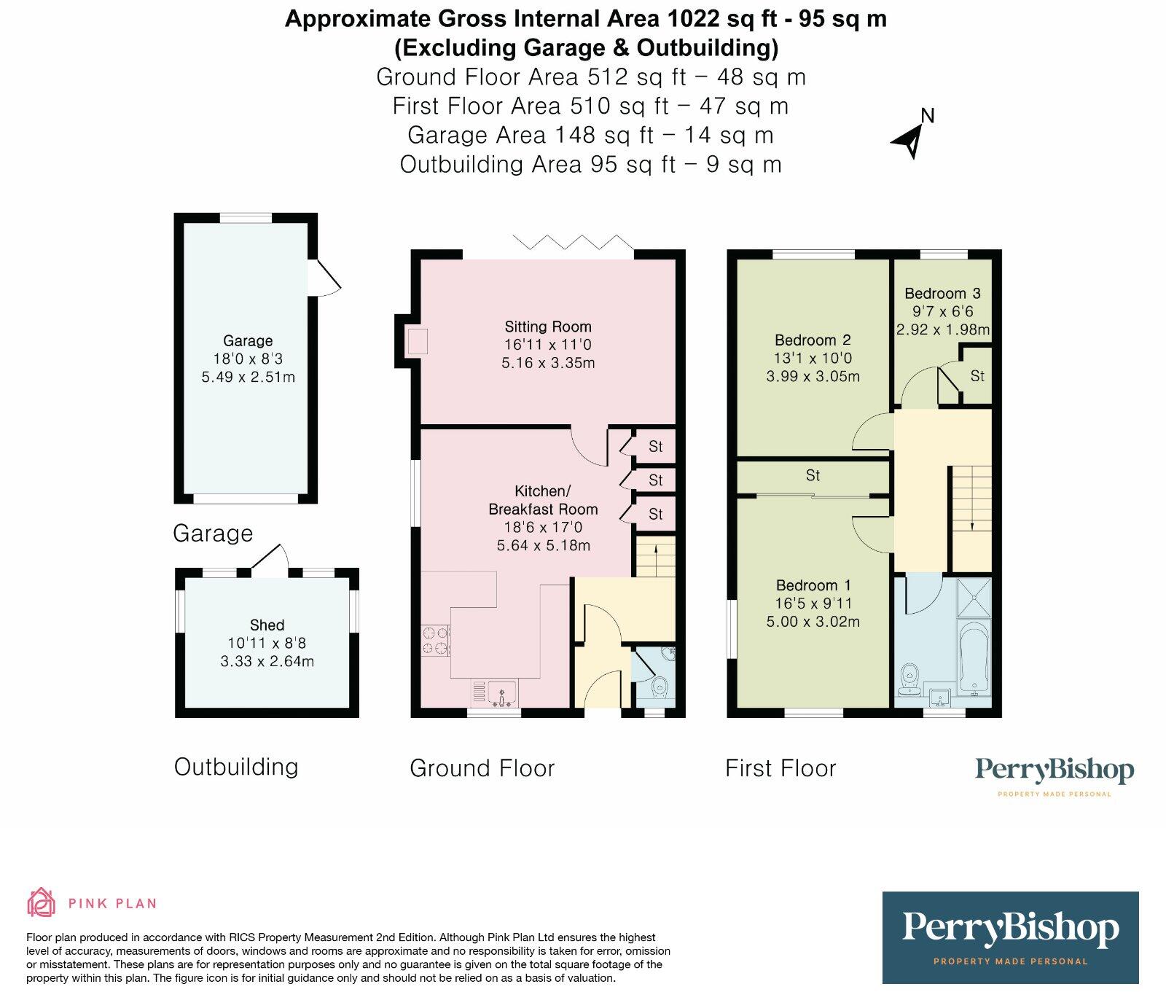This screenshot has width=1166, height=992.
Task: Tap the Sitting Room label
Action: pos(547,327)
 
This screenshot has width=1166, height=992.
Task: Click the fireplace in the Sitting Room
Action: pos(417,341)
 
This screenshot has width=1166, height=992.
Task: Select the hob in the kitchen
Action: pos(436,641)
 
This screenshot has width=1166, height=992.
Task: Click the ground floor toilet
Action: pos(659,685)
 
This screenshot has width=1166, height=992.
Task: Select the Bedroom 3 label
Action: pos(942,293)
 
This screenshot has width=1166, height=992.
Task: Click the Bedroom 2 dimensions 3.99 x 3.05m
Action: pos(813,377)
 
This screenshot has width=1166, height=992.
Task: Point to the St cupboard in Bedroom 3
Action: pos(977,376)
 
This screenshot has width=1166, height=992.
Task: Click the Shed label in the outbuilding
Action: pos(267,625)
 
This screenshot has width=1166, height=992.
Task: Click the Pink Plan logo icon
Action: pos(41,902)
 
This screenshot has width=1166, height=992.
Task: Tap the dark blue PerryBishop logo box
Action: pos(1009,937)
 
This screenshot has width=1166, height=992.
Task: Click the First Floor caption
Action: pos(780,768)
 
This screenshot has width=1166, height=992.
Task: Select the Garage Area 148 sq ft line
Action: pos(590,135)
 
